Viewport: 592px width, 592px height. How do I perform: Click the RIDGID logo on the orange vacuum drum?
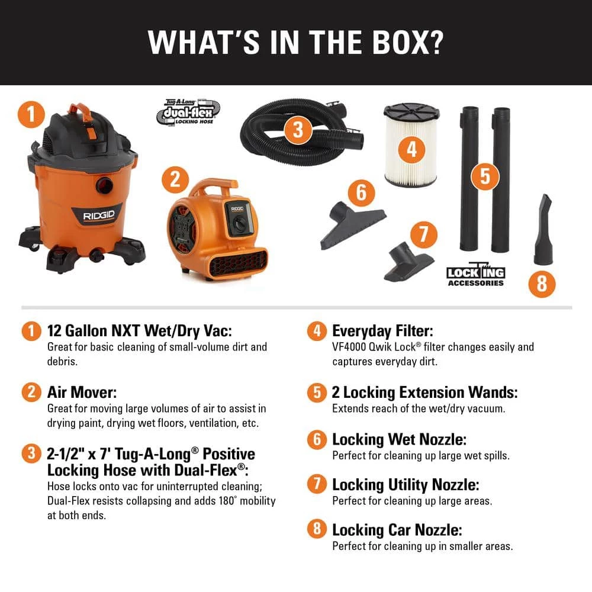coord(98,215)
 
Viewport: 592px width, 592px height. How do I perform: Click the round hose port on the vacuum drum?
coord(105,185)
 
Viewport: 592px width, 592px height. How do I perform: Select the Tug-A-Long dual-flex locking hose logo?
coord(188,112)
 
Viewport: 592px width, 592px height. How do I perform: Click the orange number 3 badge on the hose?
coord(298,130)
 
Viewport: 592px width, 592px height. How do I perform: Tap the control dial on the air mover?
coord(239,223)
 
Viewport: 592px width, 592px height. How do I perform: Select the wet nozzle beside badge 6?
coord(352,225)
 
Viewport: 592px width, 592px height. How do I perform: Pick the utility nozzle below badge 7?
coord(408,261)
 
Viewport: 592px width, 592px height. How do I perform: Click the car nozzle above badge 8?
coord(543,230)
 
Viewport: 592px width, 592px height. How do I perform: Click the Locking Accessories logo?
coord(476,275)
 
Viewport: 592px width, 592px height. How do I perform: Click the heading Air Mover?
coord(82,392)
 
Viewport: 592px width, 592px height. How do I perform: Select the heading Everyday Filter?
coord(382,331)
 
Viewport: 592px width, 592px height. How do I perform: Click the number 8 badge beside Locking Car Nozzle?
coord(317,529)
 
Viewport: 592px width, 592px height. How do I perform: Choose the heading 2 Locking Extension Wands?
coord(424,392)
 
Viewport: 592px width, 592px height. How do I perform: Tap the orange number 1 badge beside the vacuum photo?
coord(31,114)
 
